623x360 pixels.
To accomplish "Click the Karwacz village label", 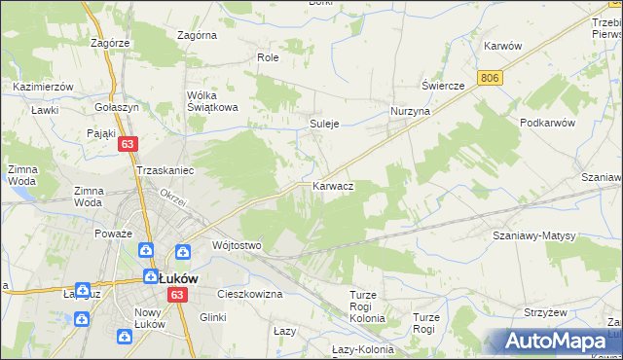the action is pos(332,185).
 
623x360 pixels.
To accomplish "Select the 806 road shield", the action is pos(490,76).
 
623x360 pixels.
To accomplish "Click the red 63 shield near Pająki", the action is pos(128,143).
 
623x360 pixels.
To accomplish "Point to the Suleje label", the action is pos(324,125).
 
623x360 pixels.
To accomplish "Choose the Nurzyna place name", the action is pos(410,112).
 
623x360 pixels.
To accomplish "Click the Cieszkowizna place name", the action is pos(249,293).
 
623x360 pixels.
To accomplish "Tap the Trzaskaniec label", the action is pos(166,170).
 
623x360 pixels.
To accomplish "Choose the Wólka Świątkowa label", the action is pos(213,101).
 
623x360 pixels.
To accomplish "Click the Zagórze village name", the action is pos(110,43).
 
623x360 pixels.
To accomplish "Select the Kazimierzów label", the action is pos(44,87).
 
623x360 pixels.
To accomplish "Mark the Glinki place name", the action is pos(212,317).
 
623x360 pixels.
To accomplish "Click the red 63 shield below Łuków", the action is pos(176,294).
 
